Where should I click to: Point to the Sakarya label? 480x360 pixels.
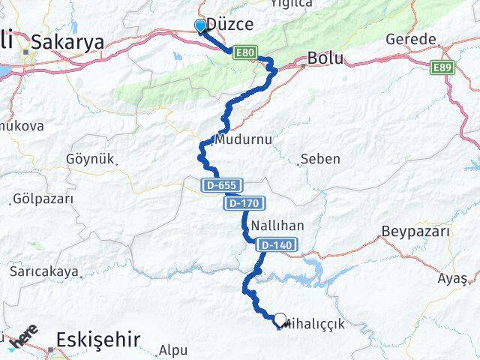coord(73,43)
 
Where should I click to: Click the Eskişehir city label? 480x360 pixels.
coord(98,340)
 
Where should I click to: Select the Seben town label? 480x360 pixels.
coord(319,159)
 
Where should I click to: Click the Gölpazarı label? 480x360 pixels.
coord(43,200)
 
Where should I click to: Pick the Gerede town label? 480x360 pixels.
coord(410,39)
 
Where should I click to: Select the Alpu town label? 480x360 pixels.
coord(173,349)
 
